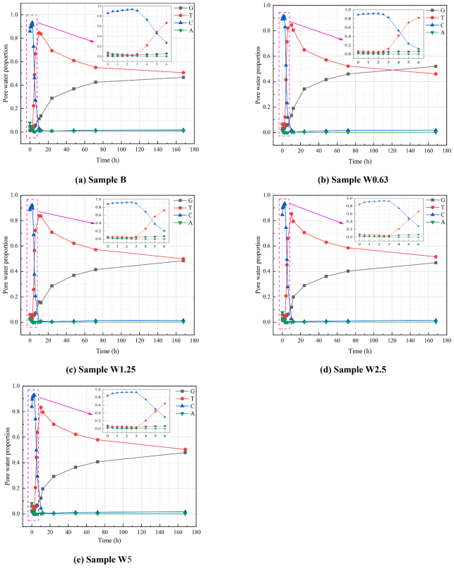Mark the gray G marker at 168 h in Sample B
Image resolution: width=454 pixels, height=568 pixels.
184,77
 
